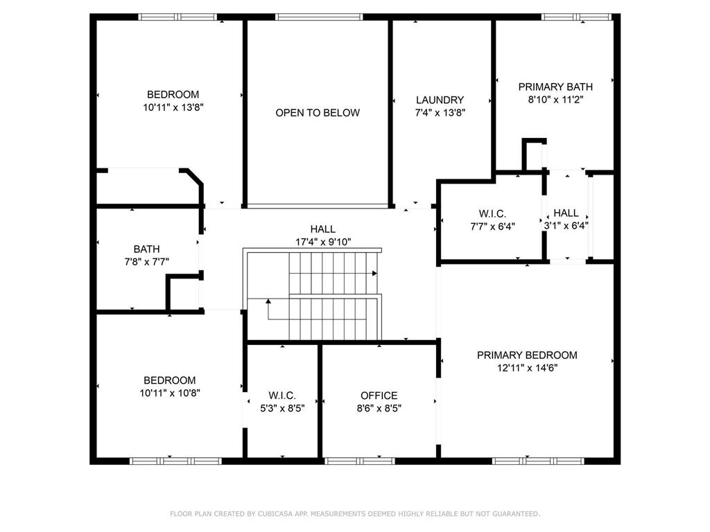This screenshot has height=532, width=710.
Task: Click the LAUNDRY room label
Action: tap(440, 100)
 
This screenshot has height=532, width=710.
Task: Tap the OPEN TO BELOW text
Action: tap(318, 113)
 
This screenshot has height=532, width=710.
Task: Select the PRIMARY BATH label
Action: tap(555, 87)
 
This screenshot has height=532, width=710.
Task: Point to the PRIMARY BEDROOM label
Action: tap(527, 355)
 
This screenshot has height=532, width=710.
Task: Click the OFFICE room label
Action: tap(379, 396)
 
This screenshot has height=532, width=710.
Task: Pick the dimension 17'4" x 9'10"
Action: tap(323, 242)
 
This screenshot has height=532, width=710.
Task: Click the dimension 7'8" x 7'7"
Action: tap(147, 262)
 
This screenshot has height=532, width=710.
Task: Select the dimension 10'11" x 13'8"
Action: tap(173, 107)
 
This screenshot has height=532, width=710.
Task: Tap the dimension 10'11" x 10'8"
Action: tap(170, 393)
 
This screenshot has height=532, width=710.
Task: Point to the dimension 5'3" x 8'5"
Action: tap(282, 409)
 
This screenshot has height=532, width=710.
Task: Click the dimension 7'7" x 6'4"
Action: tap(493, 227)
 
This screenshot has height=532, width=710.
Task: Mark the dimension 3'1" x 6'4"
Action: tap(566, 226)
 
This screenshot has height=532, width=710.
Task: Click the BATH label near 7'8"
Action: tap(147, 249)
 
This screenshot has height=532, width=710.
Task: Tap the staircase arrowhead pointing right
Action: tap(374, 273)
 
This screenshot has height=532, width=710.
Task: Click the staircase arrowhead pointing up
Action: tap(268, 301)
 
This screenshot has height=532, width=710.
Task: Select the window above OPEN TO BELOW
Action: tap(319, 17)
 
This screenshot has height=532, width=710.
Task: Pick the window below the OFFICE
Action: tap(360, 461)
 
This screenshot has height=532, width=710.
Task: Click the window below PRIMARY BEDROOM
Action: tap(538, 461)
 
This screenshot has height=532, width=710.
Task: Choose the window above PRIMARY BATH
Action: tap(577, 17)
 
